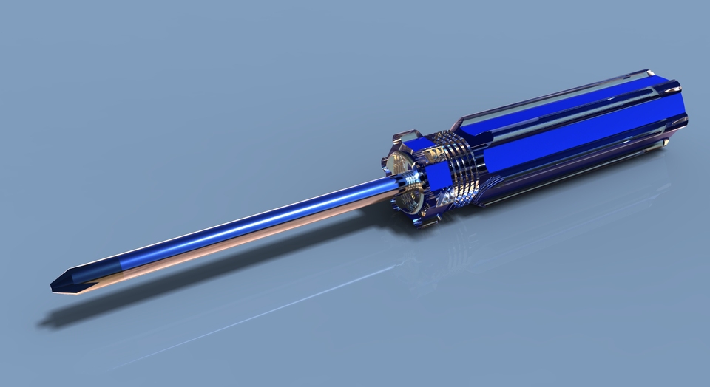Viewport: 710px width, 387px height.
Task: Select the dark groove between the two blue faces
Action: click(569, 126)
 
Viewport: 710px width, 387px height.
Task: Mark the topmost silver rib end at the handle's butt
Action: click(649, 73)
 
